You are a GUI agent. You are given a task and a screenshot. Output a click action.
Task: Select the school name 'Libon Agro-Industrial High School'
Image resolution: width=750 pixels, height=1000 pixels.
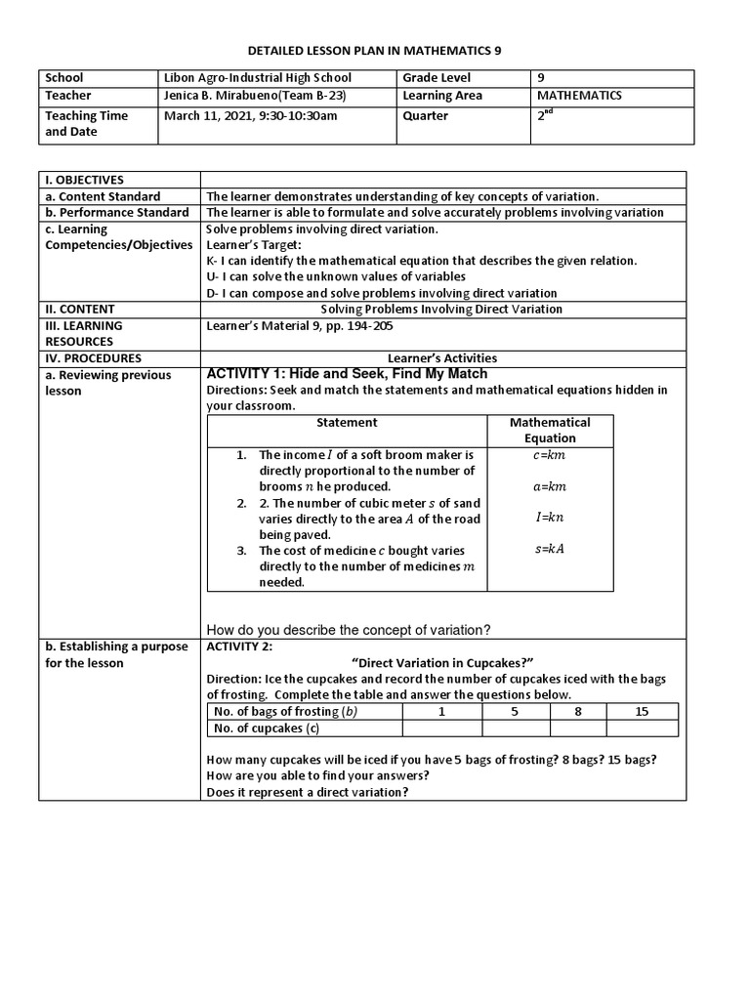[257, 77]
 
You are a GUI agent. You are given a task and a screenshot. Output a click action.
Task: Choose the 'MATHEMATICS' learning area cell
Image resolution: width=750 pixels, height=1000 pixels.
[579, 96]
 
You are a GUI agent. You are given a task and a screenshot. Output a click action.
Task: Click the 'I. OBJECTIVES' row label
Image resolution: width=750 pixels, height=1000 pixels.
[83, 180]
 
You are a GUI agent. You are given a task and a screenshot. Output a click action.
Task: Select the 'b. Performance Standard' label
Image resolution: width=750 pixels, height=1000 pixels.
[117, 213]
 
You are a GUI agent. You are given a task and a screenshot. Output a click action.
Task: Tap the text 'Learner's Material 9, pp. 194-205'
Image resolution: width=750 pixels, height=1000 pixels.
[304, 325]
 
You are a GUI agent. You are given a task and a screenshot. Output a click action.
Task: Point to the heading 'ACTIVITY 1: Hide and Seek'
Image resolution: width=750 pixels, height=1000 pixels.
[347, 374]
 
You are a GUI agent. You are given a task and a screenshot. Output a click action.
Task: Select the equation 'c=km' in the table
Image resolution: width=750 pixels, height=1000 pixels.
[550, 455]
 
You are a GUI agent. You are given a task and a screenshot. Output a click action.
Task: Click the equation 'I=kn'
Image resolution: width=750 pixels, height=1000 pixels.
[550, 517]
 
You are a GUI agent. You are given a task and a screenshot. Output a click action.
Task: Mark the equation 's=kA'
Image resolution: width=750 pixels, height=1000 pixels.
[550, 548]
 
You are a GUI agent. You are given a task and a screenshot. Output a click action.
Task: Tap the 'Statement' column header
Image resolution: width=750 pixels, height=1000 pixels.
[347, 423]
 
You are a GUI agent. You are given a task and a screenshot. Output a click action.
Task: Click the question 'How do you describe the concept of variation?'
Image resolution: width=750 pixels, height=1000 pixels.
[349, 629]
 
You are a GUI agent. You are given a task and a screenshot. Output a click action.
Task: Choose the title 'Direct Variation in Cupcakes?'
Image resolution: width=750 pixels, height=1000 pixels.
[441, 663]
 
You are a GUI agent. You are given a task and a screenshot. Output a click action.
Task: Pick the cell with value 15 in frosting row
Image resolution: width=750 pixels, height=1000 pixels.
[642, 712]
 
